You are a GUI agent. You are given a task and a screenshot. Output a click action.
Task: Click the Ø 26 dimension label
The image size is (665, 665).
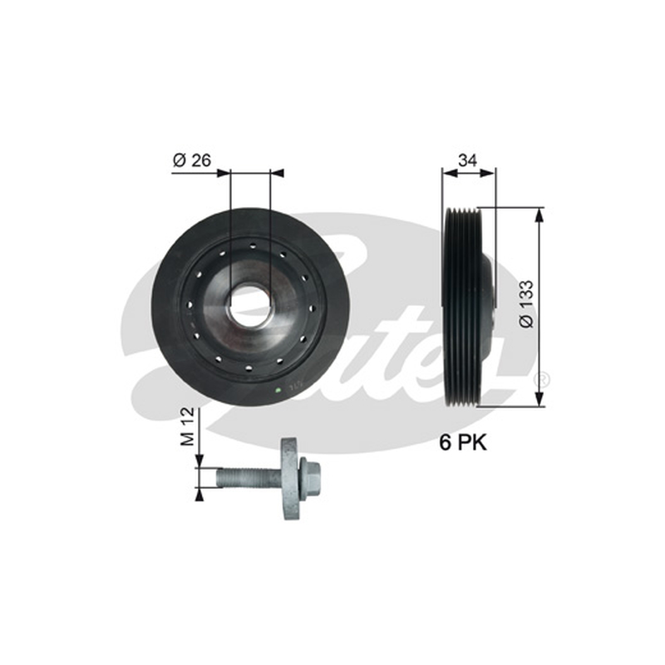coord(192,160)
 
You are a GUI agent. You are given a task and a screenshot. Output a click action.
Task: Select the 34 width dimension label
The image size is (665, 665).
coord(467,160)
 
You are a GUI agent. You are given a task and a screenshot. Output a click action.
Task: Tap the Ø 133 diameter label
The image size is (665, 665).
coord(526,303)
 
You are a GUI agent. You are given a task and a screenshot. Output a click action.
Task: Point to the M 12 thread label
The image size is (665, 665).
coord(187,426)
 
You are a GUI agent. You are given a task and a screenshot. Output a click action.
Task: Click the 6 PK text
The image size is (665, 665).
coord(463,443)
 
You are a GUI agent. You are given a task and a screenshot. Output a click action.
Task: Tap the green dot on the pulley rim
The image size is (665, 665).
coord(278,390)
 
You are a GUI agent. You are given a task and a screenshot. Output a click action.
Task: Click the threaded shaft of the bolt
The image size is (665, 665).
coord(249,479)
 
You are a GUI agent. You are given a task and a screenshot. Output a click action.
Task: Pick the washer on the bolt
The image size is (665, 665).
coord(291,479)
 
